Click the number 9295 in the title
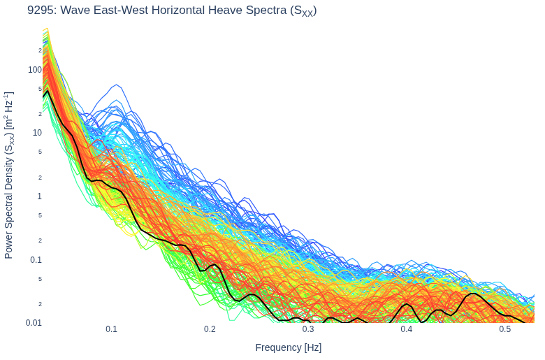pyautogui.click(x=41, y=10)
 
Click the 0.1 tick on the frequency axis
pyautogui.click(x=112, y=329)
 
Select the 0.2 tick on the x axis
pyautogui.click(x=210, y=329)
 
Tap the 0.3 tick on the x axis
pyautogui.click(x=308, y=329)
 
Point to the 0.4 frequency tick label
pyautogui.click(x=407, y=329)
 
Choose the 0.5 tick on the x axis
pyautogui.click(x=505, y=329)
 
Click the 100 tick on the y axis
pyautogui.click(x=35, y=70)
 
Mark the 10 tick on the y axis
pyautogui.click(x=37, y=133)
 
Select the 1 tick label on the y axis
pyautogui.click(x=40, y=196)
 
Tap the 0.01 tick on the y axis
pyautogui.click(x=34, y=323)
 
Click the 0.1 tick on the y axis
pyautogui.click(x=36, y=259)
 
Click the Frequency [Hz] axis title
pyautogui.click(x=289, y=347)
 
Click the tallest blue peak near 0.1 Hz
pyautogui.click(x=117, y=85)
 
